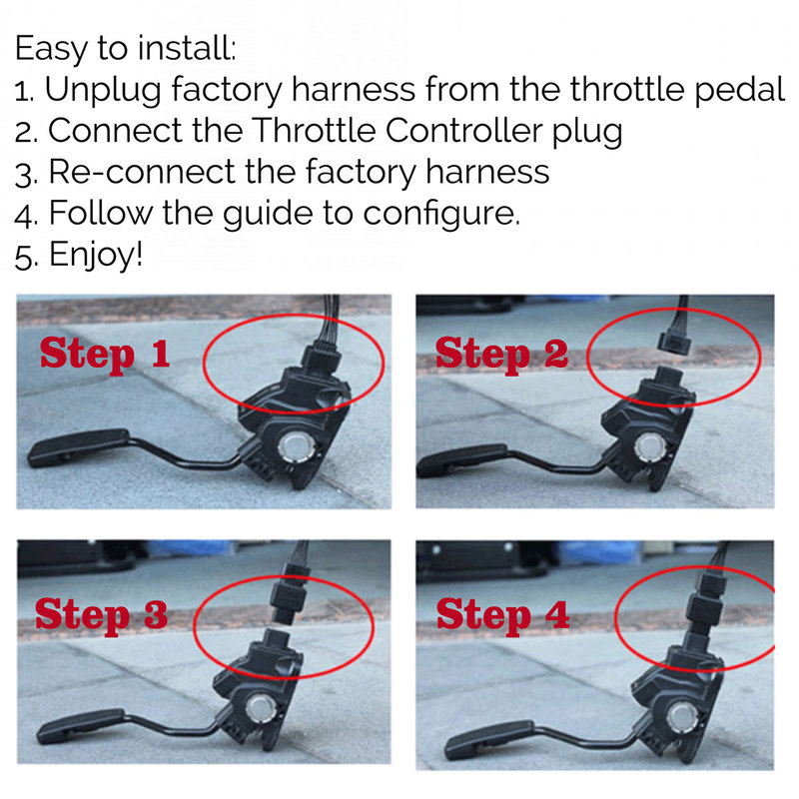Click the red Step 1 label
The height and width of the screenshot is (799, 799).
point(105,354)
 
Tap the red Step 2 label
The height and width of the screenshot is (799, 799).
point(501,354)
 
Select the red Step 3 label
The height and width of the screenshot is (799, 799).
point(102,614)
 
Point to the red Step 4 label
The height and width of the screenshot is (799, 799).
point(503,615)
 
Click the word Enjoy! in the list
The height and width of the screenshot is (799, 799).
point(96,255)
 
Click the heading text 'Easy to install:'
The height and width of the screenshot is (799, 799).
point(126,49)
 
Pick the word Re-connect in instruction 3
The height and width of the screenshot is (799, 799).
point(142,172)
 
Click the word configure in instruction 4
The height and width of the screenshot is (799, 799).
point(441,214)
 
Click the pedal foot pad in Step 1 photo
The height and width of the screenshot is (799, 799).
point(79,447)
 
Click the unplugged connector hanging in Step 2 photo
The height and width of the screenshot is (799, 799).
point(673,343)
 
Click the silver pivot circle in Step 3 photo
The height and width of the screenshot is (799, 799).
point(260,709)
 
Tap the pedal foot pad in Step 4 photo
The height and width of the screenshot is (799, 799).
point(489,738)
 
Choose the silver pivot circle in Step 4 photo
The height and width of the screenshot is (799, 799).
point(682,717)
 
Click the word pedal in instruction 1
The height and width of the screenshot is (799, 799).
point(739,90)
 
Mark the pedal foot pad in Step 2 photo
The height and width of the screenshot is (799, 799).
point(462,460)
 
